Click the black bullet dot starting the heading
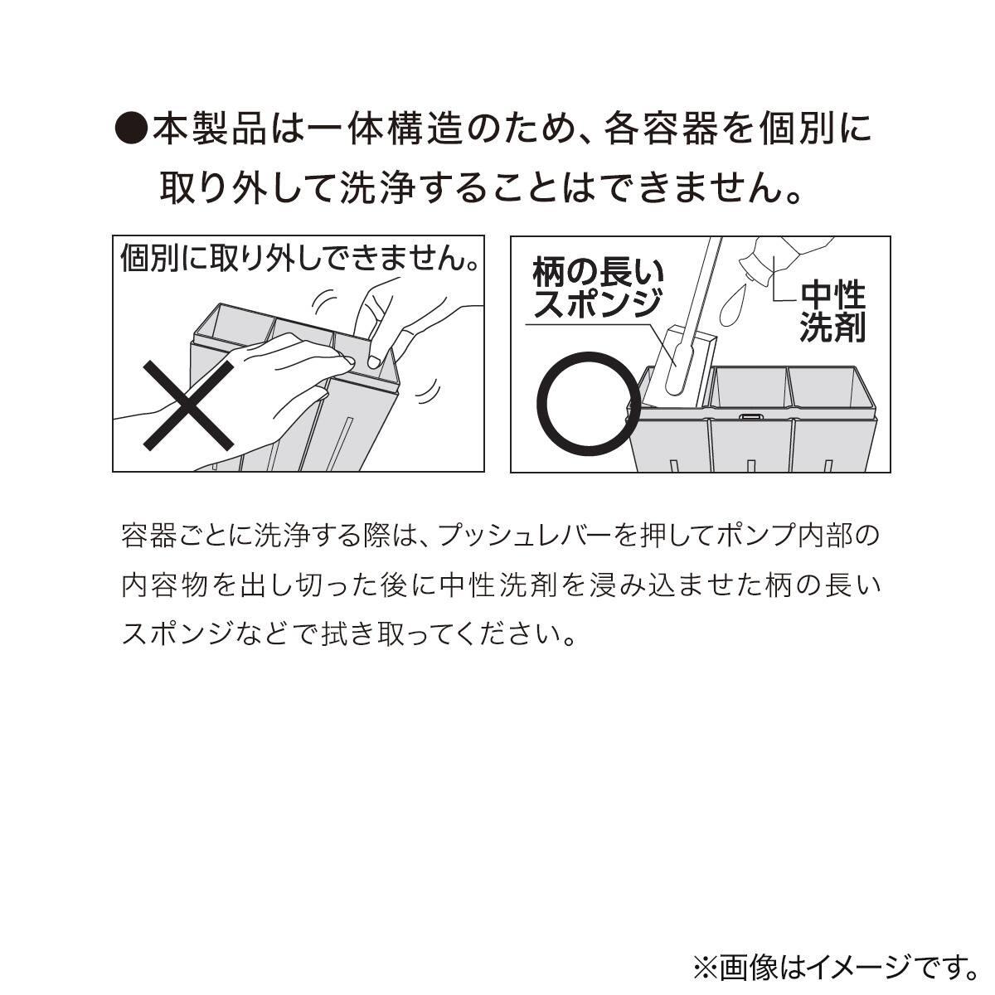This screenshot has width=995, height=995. [130, 130]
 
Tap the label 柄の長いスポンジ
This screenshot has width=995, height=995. [598, 288]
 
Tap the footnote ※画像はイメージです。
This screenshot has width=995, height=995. [834, 966]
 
